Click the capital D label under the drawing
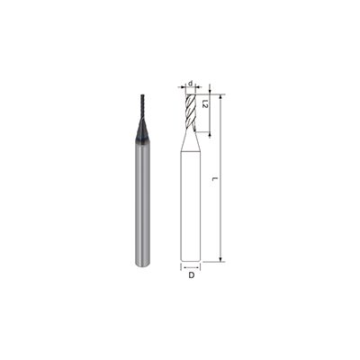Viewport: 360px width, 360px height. [x=191, y=277]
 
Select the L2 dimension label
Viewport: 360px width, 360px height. [x=205, y=106]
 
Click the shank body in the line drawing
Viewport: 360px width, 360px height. [x=191, y=207]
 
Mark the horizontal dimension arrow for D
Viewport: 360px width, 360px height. [x=191, y=267]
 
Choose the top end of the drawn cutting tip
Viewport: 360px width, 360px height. [x=191, y=93]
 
